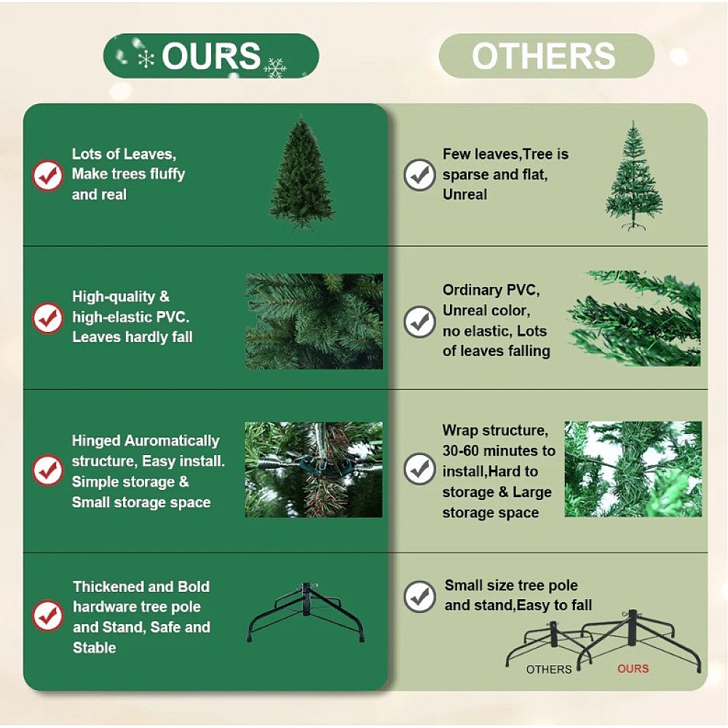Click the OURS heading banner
pyautogui.click(x=211, y=56)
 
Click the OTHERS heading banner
pyautogui.click(x=547, y=56)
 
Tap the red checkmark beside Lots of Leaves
pyautogui.click(x=47, y=175)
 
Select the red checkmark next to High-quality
pyautogui.click(x=47, y=318)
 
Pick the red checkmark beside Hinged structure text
pyautogui.click(x=47, y=470)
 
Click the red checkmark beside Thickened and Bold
pyautogui.click(x=47, y=616)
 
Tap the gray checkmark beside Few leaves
pyautogui.click(x=419, y=175)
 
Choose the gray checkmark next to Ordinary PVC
pyautogui.click(x=419, y=322)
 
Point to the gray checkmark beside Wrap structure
pyautogui.click(x=419, y=469)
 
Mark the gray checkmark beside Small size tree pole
pyautogui.click(x=419, y=597)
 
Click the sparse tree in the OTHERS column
pyautogui.click(x=633, y=175)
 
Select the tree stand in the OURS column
pyautogui.click(x=306, y=612)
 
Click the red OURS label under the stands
pyautogui.click(x=633, y=668)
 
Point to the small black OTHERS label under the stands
pyautogui.click(x=549, y=669)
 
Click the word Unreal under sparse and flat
pyautogui.click(x=464, y=194)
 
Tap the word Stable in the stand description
pyautogui.click(x=94, y=647)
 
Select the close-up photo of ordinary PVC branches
pyautogui.click(x=634, y=319)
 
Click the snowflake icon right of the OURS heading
pyautogui.click(x=275, y=68)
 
